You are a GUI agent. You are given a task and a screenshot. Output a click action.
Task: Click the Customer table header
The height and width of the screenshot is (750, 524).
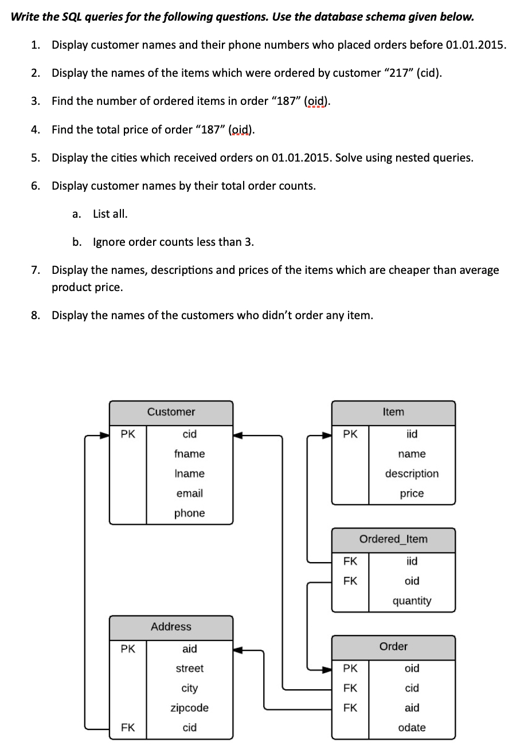pos(171,412)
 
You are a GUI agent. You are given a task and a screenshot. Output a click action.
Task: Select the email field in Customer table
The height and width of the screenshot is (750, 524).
pos(189,493)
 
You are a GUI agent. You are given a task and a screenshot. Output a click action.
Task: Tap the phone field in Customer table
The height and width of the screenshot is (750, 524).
pos(189,513)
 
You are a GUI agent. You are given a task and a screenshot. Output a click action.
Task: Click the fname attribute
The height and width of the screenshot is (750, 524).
pos(189,454)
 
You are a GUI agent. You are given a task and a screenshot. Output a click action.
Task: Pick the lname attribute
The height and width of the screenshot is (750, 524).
pos(189,474)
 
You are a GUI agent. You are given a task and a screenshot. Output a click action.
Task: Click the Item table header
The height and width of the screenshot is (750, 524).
pos(393,412)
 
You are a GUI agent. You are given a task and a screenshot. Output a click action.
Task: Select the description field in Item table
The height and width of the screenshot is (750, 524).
pos(412,474)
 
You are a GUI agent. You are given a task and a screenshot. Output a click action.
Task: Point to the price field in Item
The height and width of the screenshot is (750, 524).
pos(412,493)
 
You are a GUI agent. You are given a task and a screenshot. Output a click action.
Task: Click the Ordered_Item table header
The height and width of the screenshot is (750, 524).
pos(393,539)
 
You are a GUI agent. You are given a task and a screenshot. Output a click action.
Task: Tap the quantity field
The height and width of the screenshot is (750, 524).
pos(412,601)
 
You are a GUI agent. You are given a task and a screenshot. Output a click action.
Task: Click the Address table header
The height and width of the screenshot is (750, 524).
pos(171,627)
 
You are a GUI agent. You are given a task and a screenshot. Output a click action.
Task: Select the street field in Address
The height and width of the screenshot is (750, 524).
pos(189,669)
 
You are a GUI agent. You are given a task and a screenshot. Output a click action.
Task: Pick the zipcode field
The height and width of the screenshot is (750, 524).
pos(189,708)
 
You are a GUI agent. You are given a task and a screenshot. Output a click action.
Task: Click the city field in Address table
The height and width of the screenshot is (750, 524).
pos(189,688)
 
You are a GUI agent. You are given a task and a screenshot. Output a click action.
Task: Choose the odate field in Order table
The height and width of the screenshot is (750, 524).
pos(412,728)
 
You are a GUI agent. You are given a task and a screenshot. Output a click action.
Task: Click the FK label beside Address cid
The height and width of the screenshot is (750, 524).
pos(128,728)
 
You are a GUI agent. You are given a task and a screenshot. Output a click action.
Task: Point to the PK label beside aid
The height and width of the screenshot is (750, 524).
pos(128,649)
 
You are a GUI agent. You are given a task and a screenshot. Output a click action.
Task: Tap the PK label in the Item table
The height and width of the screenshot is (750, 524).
pos(350,434)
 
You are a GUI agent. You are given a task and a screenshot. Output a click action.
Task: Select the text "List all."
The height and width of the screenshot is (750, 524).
pos(110,214)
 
